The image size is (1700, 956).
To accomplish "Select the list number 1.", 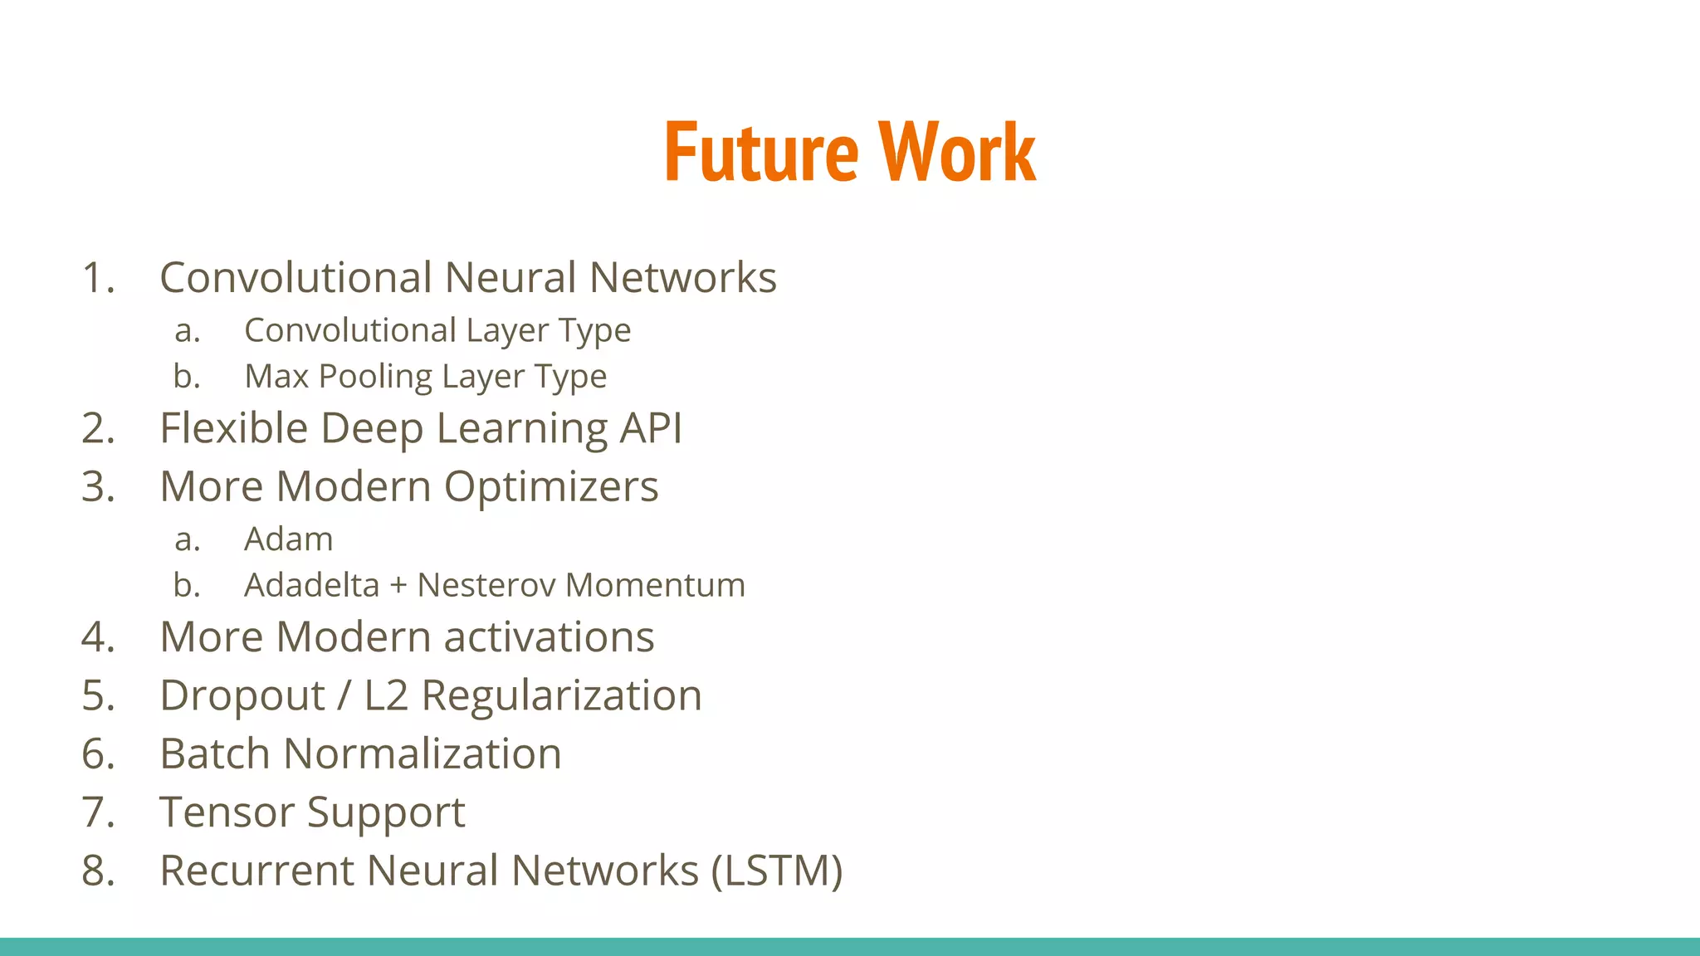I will click(96, 278).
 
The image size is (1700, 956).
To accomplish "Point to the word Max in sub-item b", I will click(276, 377).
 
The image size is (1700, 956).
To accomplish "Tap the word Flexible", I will click(234, 429).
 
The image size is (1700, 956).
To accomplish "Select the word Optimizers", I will click(551, 488).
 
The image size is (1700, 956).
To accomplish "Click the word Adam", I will click(288, 539).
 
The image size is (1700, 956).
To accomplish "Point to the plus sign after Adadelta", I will click(398, 586).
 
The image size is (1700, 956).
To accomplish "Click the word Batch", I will click(215, 754).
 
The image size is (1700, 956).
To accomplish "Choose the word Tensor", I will click(227, 812).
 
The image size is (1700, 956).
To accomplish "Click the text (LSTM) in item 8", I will click(777, 871).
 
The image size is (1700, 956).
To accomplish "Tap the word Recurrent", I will click(257, 871).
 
